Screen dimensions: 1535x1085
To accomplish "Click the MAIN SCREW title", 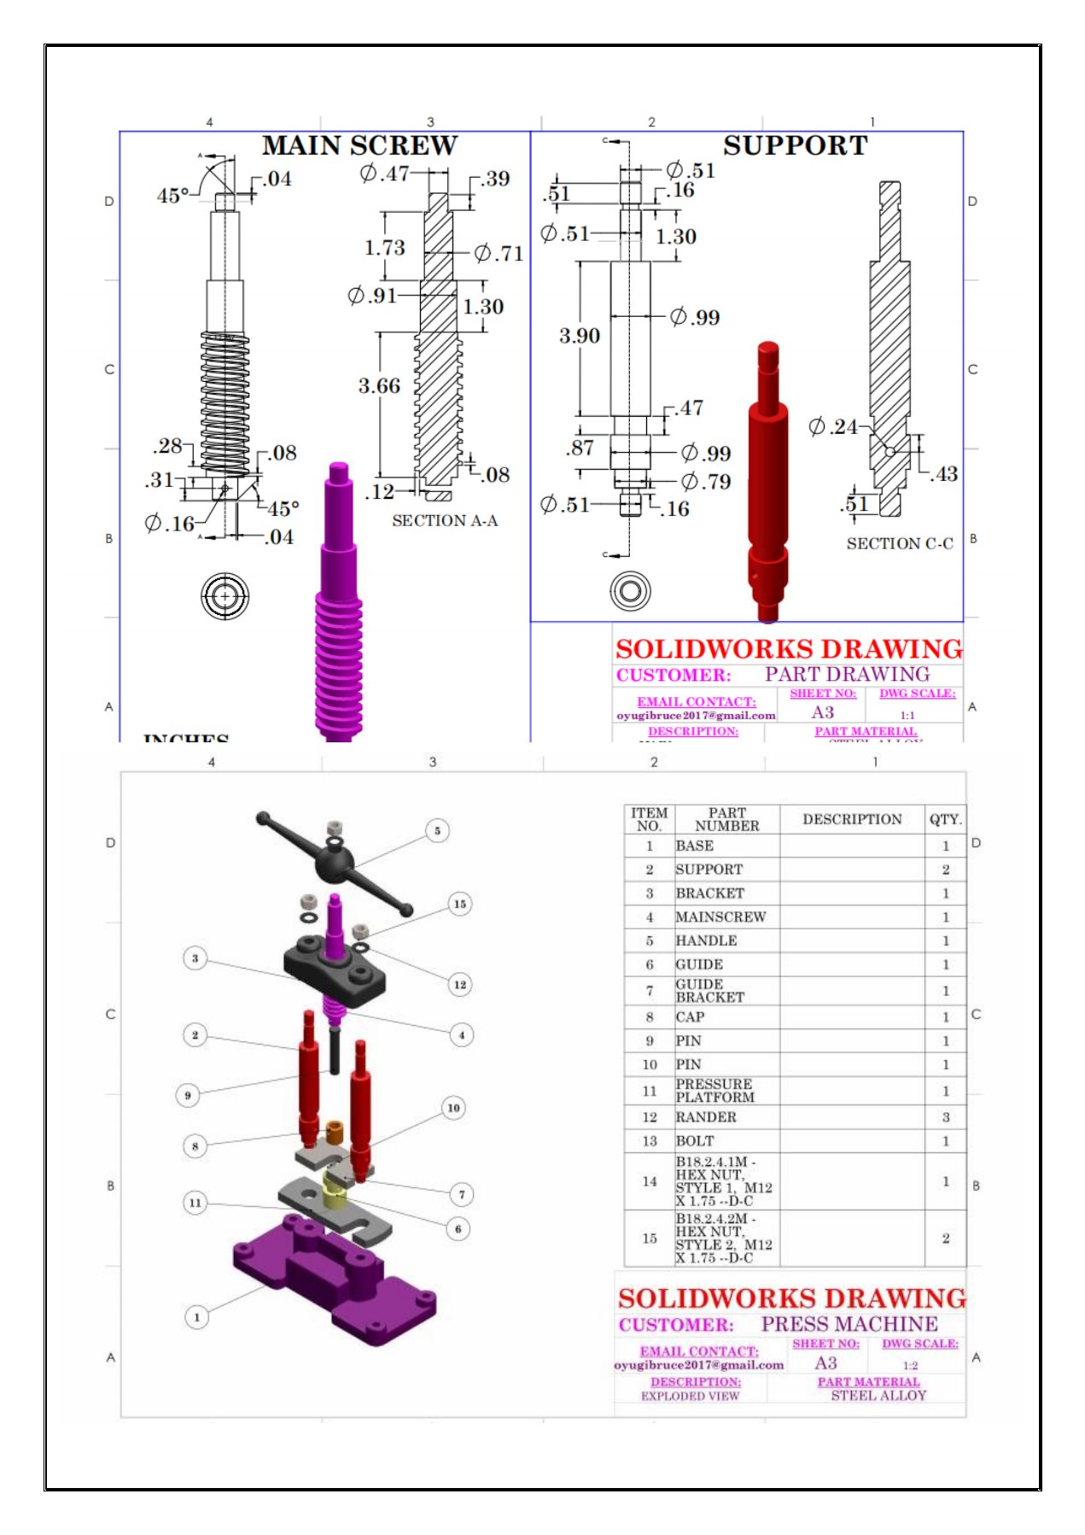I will [x=359, y=146].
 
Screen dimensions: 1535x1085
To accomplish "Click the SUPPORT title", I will [x=795, y=146].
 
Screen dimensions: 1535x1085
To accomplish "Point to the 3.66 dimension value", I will [x=379, y=386].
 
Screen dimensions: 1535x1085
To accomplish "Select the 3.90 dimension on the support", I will [x=580, y=336].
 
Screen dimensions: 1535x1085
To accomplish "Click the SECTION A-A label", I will [x=445, y=521].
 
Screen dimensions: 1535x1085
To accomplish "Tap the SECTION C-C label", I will [x=900, y=544].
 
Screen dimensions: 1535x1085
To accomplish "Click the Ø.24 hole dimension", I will [x=834, y=426].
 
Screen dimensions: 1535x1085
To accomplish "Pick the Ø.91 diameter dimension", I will [x=372, y=296].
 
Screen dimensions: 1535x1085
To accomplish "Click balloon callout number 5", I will [x=437, y=830].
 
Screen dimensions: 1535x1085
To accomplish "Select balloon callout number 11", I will [x=195, y=1203].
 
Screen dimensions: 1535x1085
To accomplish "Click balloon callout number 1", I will [x=196, y=1316].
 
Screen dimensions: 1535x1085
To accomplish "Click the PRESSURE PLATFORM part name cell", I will [x=715, y=1091].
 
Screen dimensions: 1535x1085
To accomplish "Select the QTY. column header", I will [x=945, y=819].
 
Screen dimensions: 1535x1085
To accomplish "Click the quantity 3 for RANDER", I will [x=945, y=1117].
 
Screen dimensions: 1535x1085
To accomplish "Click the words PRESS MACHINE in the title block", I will [x=849, y=1324].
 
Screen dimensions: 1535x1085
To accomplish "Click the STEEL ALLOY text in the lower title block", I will [x=878, y=1396].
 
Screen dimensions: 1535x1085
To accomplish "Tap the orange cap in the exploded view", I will [x=335, y=1133].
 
